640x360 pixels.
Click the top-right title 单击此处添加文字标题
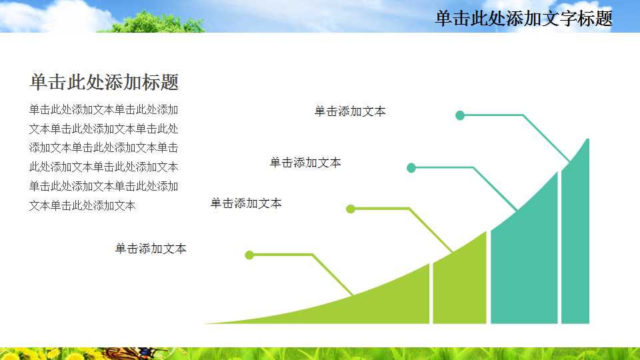click(x=523, y=19)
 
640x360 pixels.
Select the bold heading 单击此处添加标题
click(x=104, y=83)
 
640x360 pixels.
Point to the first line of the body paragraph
click(x=103, y=109)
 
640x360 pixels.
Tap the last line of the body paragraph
click(x=82, y=205)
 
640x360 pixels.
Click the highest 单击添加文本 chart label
click(x=350, y=111)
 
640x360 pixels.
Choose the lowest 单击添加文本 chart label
click(x=151, y=249)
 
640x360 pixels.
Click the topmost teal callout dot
click(x=459, y=115)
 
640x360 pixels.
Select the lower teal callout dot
click(x=411, y=168)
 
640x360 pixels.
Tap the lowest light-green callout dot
click(x=249, y=255)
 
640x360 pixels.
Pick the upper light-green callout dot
click(x=351, y=209)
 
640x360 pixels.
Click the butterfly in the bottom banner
click(x=133, y=353)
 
